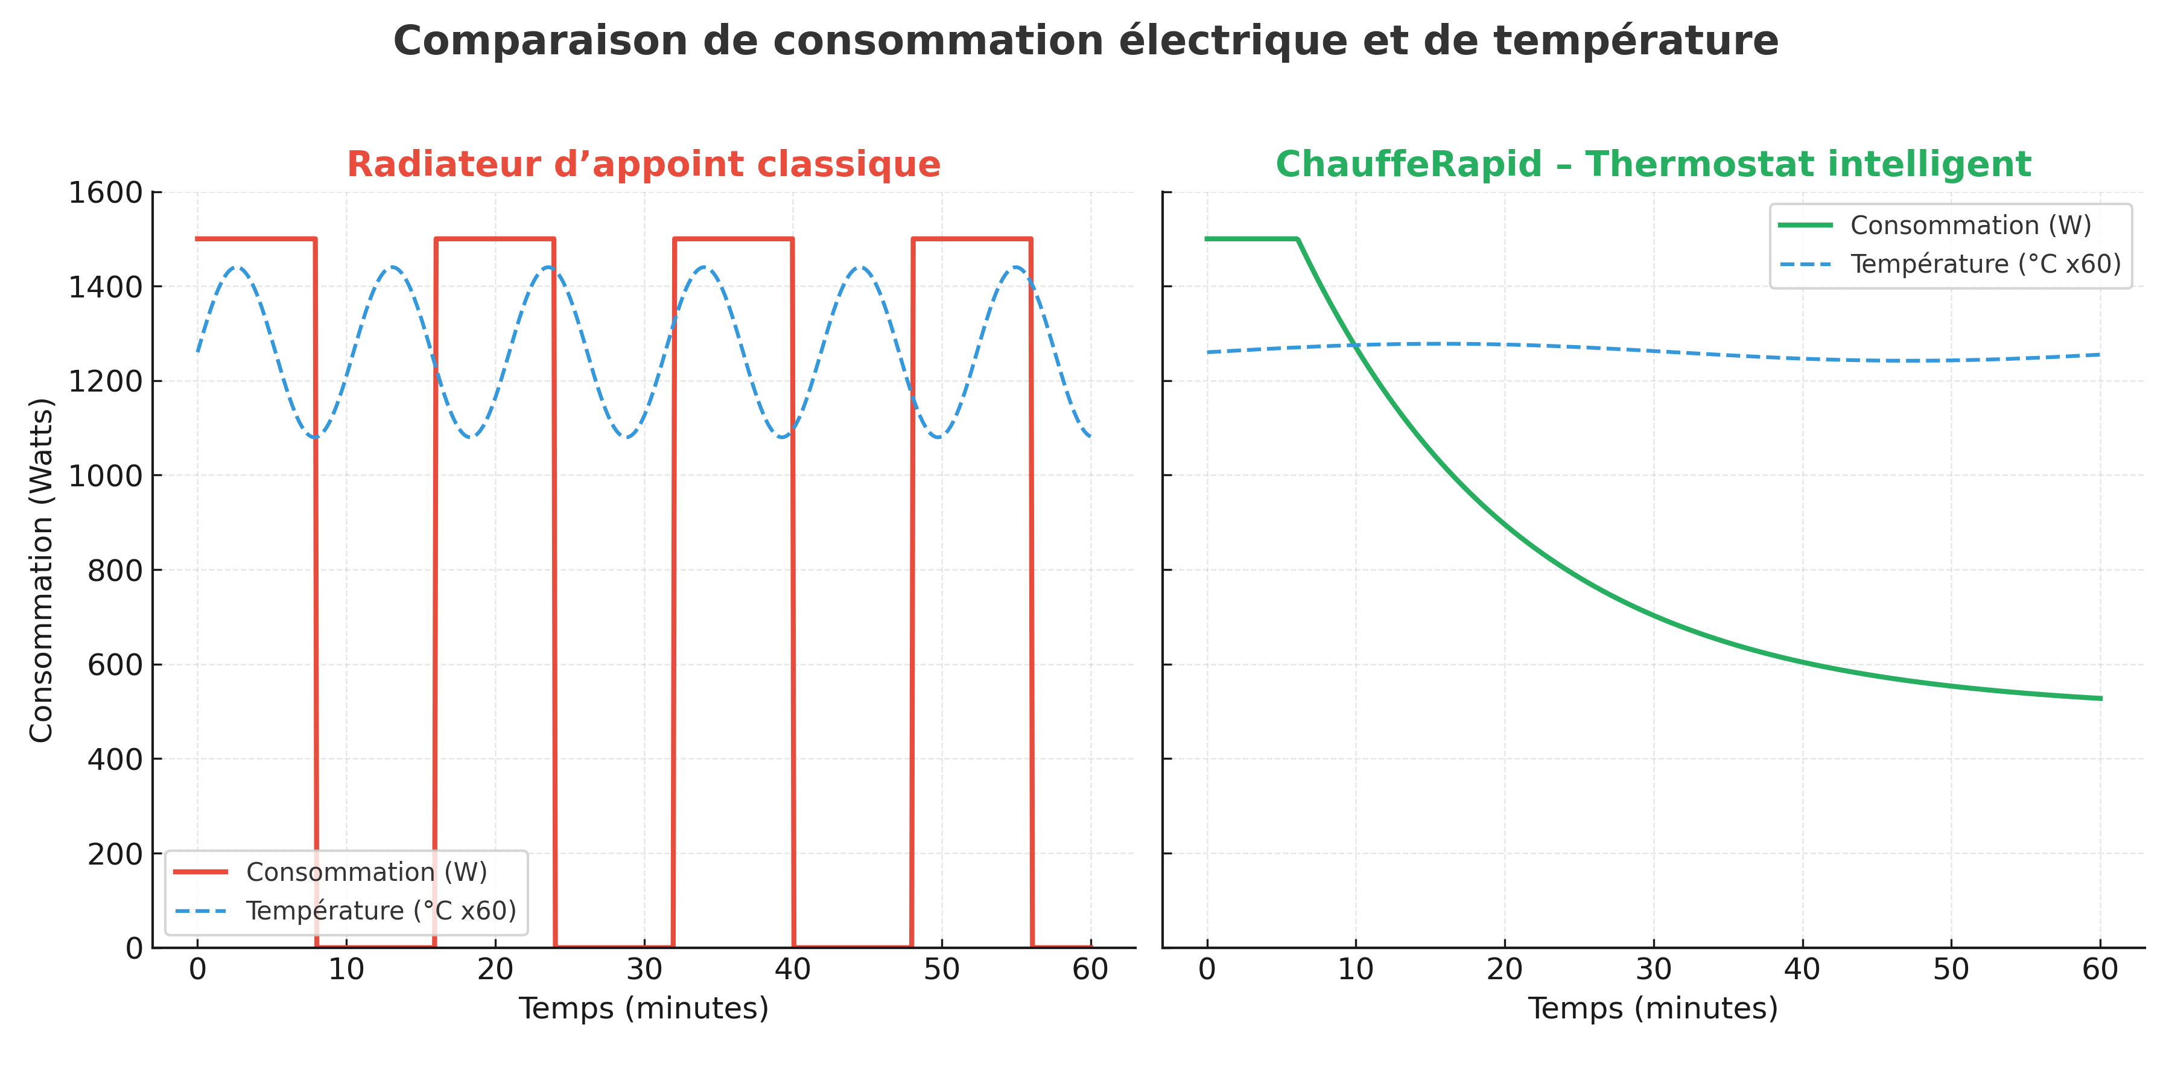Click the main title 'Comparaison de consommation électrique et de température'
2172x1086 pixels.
[x=1085, y=40]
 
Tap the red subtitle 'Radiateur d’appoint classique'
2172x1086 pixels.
[x=643, y=165]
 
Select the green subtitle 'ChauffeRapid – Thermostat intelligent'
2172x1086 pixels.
[x=1653, y=165]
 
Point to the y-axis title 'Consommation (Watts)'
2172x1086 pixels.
[x=41, y=570]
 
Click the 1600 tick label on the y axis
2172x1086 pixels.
[x=106, y=193]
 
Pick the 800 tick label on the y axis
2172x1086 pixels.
[x=115, y=571]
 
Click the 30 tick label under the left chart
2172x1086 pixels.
[x=644, y=970]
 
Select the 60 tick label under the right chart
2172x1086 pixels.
[x=2100, y=970]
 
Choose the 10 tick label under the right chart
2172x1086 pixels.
[x=1356, y=970]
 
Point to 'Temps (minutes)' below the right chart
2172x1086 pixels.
[x=1653, y=1008]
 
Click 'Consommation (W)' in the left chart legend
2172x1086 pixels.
[x=367, y=872]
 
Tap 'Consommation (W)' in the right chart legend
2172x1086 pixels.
[x=1970, y=225]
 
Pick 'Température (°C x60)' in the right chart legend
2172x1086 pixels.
[x=1986, y=264]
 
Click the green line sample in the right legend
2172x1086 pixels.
[x=1805, y=225]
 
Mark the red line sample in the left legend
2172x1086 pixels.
[x=201, y=872]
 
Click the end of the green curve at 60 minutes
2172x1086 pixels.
[x=2100, y=698]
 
